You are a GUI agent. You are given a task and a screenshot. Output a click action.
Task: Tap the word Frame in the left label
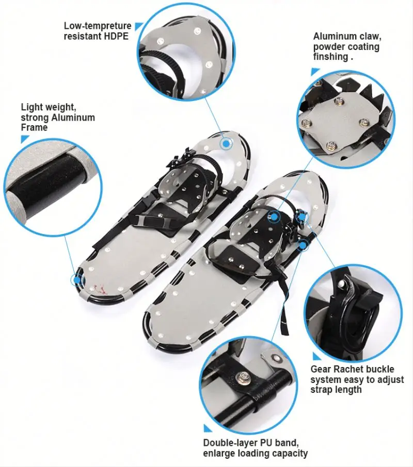click(34, 127)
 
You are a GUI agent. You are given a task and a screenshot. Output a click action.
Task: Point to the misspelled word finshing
click(330, 57)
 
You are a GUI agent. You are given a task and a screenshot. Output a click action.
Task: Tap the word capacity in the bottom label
click(290, 453)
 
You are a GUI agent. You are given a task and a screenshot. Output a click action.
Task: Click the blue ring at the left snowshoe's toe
click(226, 143)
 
